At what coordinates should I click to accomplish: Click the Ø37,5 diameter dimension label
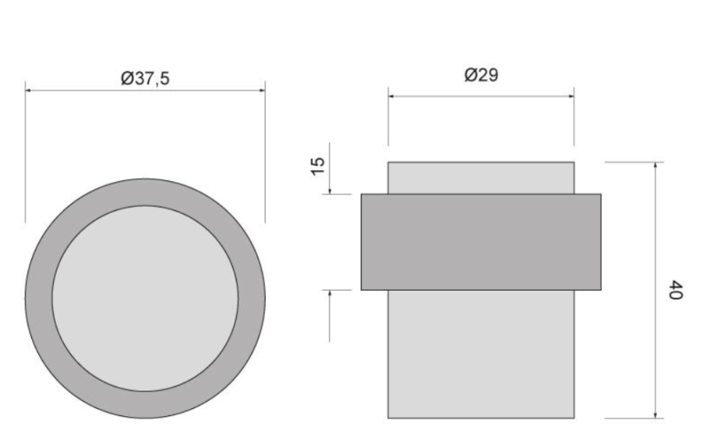(145, 78)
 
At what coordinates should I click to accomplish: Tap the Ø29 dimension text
(482, 75)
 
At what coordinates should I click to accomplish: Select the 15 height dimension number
(318, 166)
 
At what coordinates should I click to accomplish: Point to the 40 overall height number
(675, 290)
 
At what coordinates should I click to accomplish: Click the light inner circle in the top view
(145, 299)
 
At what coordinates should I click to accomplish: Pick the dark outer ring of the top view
(38, 299)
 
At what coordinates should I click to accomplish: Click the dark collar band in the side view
(481, 242)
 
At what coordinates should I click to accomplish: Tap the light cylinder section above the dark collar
(481, 178)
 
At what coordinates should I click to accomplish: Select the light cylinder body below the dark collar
(481, 354)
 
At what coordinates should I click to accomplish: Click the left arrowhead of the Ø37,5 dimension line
(28, 90)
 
